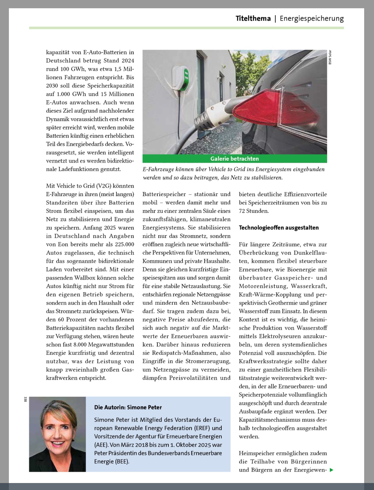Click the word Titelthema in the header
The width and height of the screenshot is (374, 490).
[253, 18]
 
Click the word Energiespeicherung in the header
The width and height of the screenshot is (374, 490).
[312, 18]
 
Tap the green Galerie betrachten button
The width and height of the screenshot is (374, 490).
[234, 159]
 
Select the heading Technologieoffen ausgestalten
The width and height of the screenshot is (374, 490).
[279, 228]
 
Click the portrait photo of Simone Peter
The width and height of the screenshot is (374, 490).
[57, 434]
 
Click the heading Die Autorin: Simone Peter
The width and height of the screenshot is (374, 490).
[128, 407]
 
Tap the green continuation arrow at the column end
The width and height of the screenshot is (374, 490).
[331, 470]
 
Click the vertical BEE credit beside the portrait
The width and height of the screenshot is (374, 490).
[26, 399]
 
